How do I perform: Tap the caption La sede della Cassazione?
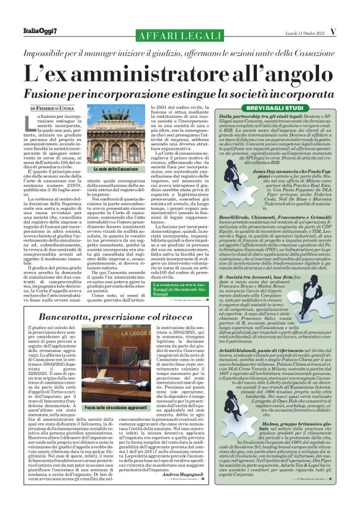pyautogui.click(x=116, y=169)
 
